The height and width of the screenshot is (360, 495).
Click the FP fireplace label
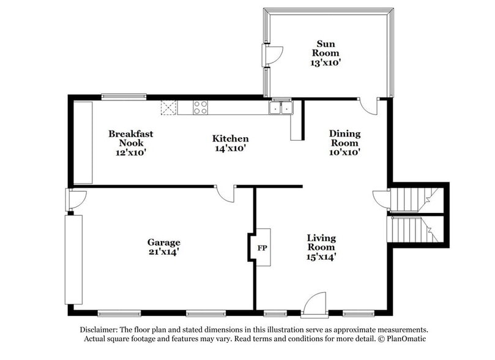pyautogui.click(x=262, y=249)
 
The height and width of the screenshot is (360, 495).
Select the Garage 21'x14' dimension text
pyautogui.click(x=163, y=251)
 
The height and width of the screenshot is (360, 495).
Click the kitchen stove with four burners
pyautogui.click(x=200, y=108)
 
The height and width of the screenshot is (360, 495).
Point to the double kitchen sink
pyautogui.click(x=281, y=108)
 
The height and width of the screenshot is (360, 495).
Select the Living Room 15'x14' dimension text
pyautogui.click(x=321, y=257)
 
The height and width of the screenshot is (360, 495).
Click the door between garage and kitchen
pyautogui.click(x=225, y=193)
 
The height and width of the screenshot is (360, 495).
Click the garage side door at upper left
pyautogui.click(x=76, y=200)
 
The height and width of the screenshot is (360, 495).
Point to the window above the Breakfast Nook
pyautogui.click(x=124, y=96)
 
